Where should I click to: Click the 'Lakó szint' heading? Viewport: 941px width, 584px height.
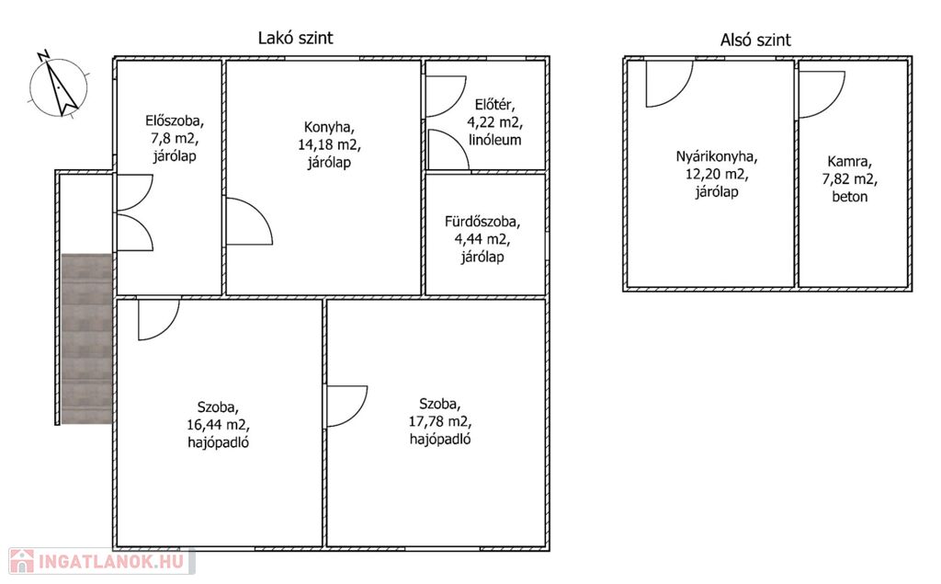295,38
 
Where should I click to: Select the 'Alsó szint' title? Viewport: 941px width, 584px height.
755,40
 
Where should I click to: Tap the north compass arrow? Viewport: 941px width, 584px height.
59,84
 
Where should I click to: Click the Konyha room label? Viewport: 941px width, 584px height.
329,144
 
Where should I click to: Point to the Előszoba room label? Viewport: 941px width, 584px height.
175,138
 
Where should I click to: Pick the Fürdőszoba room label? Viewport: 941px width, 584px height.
482,239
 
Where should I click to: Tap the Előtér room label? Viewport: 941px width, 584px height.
495,122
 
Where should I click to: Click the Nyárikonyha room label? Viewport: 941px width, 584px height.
717,174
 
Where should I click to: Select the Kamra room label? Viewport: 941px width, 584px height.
850,178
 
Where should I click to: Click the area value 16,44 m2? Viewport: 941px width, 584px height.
219,425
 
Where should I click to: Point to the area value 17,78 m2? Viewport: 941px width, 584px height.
440,421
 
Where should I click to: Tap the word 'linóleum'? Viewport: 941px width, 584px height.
495,140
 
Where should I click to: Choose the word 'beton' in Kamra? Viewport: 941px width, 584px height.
850,197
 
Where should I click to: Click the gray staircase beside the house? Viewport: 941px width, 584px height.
87,338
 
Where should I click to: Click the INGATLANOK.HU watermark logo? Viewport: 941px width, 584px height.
102,561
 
